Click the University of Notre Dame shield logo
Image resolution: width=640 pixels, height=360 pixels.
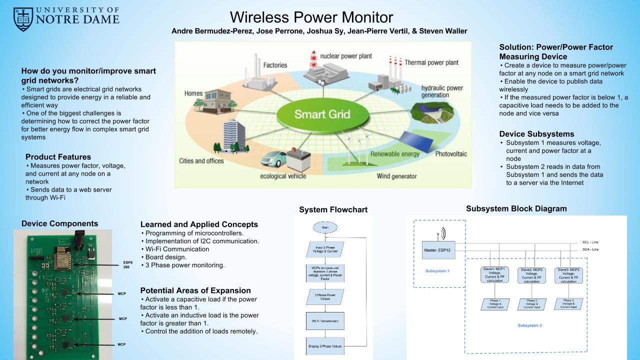coord(23,19)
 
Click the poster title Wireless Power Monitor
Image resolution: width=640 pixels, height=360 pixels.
coord(311,17)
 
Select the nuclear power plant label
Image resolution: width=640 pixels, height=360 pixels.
coord(345,56)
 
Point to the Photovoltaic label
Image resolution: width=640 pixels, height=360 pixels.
coord(450,153)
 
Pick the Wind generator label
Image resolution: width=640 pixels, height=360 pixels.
coord(396,176)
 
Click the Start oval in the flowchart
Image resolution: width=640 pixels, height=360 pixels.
coord(325,228)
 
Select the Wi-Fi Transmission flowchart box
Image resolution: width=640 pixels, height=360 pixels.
coord(325,321)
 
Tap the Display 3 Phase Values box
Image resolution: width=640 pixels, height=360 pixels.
coord(325,346)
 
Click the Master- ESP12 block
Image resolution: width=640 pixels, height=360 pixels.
coord(438,249)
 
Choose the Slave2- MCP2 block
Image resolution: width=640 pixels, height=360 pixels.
coord(531,275)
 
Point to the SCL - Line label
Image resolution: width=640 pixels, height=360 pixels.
coord(590,242)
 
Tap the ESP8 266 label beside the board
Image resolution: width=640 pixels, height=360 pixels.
coord(128,264)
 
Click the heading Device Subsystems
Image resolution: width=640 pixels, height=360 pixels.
coord(536,134)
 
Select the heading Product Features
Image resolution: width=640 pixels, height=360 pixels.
coord(58,157)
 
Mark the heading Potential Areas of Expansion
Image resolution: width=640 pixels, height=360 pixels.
coord(195,290)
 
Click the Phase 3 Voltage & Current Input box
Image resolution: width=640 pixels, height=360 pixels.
coord(568,303)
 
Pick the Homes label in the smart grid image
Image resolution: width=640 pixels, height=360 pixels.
coord(193,93)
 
